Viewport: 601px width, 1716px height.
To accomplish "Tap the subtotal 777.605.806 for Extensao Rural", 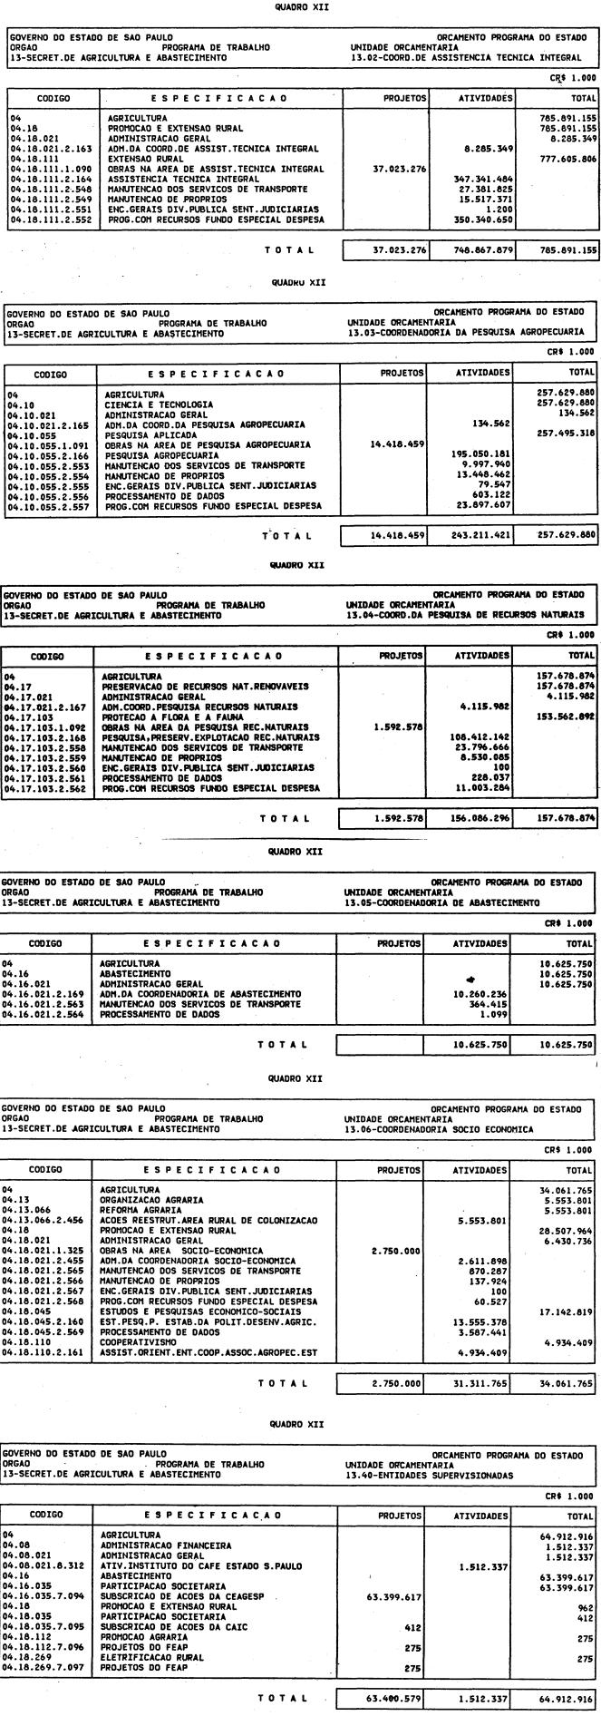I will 567,159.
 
